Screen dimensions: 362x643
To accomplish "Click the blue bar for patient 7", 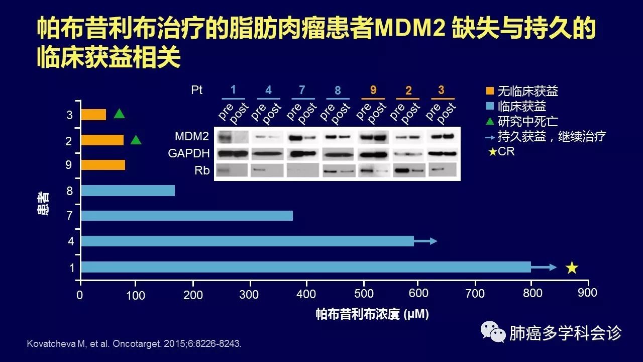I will tap(186, 216).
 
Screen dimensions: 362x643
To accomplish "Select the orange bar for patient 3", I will tap(93, 115).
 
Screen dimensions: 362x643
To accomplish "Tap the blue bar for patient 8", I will tap(128, 191).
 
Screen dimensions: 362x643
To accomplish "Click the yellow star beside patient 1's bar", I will tap(572, 267).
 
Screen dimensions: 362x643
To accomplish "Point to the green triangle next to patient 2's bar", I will tap(136, 140).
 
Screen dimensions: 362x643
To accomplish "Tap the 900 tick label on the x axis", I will tap(587, 293).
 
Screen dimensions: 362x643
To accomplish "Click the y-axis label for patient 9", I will tap(69, 165).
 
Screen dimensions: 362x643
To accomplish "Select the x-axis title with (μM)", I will tap(372, 315).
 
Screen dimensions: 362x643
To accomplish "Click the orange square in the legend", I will tap(490, 92).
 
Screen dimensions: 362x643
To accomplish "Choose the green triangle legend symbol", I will tap(490, 121).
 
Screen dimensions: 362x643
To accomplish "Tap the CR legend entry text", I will tap(506, 151).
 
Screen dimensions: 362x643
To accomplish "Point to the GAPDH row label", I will tap(189, 153).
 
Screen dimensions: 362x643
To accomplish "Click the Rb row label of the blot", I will tap(202, 171).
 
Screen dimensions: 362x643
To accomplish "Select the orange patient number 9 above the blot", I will tap(373, 90).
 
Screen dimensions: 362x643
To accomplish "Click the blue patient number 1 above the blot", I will tap(233, 90).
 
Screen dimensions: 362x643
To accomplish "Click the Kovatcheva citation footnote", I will tap(133, 344).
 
